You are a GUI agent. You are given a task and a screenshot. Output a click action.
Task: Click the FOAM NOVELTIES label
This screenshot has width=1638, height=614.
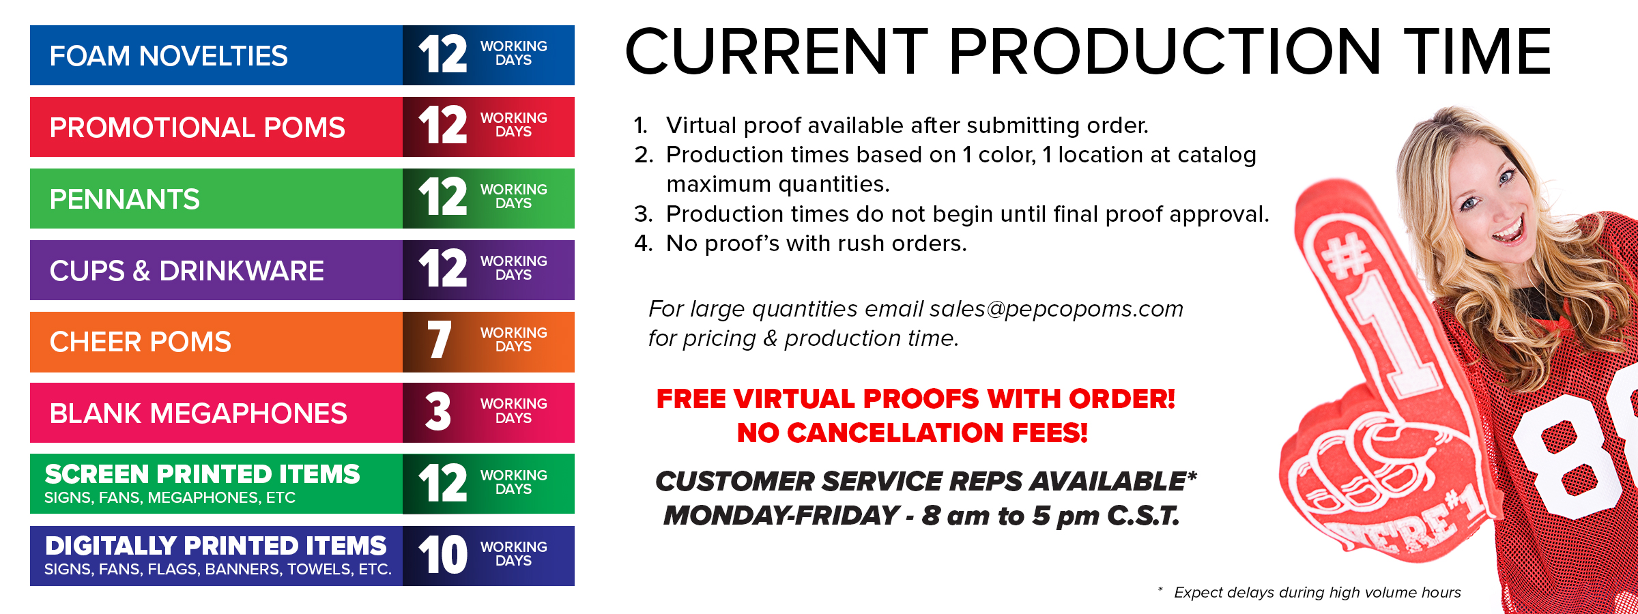tap(169, 56)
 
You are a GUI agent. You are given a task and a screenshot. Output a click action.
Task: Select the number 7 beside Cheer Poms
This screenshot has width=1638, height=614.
tap(440, 340)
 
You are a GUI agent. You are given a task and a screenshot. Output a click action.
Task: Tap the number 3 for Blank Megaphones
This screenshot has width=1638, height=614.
tap(438, 411)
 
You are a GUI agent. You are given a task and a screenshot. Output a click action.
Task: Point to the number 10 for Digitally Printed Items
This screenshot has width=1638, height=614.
tap(443, 554)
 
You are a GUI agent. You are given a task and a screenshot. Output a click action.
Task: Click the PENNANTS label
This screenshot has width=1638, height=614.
tap(125, 199)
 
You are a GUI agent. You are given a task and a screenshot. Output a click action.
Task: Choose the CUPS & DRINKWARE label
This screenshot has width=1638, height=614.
tap(187, 271)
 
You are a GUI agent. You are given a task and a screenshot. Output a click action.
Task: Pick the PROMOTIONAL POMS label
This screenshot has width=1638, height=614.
tap(197, 128)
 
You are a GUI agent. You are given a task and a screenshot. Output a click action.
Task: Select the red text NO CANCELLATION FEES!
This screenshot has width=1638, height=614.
tap(913, 433)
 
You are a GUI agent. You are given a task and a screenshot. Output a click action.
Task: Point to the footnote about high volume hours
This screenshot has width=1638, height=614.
tap(1310, 592)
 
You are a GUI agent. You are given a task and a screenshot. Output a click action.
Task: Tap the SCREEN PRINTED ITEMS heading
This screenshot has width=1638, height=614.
tap(202, 474)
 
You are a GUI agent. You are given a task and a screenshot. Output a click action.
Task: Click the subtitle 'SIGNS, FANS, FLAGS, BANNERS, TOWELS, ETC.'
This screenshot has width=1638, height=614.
tap(218, 569)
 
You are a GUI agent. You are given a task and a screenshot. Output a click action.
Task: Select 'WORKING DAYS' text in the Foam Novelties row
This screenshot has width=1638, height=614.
tap(513, 53)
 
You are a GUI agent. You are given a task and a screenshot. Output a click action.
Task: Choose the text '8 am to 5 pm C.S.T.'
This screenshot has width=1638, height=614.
tap(1050, 516)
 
